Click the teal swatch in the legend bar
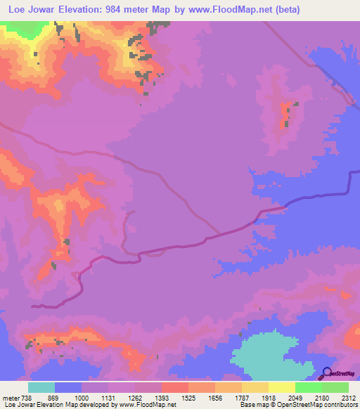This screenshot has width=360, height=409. [41, 387]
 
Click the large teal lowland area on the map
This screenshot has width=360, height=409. [271, 355]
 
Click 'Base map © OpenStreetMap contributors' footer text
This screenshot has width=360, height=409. [298, 405]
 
